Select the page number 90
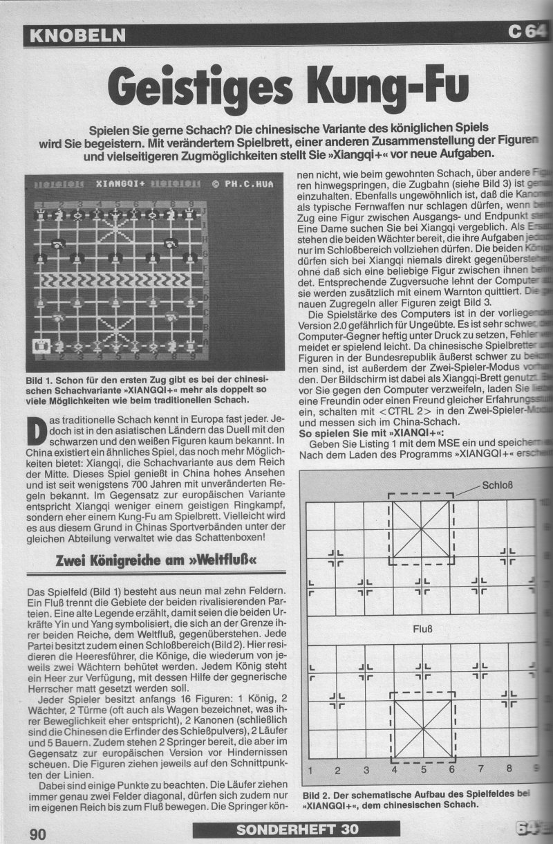pyautogui.click(x=37, y=833)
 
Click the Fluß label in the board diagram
pyautogui.click(x=422, y=630)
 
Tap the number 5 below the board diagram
pyautogui.click(x=422, y=769)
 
